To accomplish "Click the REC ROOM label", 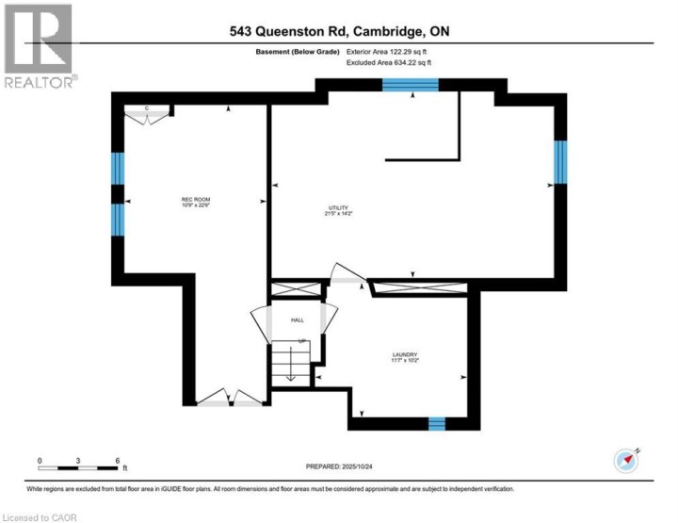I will click(x=195, y=199).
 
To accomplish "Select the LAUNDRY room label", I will click(x=405, y=353).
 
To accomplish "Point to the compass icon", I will click(x=627, y=460).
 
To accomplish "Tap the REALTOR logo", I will click(x=39, y=47).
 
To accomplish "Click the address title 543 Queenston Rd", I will click(x=339, y=31).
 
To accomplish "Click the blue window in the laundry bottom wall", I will click(x=437, y=423).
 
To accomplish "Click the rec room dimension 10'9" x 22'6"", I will click(x=195, y=207).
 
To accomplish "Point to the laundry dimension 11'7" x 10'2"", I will click(x=405, y=362).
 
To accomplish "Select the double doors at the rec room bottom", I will click(x=232, y=399).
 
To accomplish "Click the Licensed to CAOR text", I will click(x=40, y=516).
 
